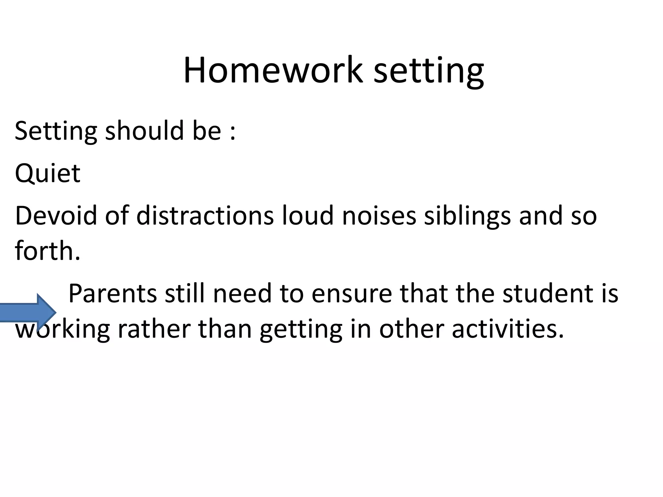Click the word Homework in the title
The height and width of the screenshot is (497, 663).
[x=273, y=70]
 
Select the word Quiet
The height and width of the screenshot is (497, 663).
[x=48, y=173]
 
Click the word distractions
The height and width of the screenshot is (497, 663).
[x=205, y=215]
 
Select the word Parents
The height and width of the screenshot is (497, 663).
[x=113, y=293]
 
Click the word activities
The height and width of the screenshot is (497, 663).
[x=508, y=329]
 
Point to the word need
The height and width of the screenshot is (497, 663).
[x=242, y=293]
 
